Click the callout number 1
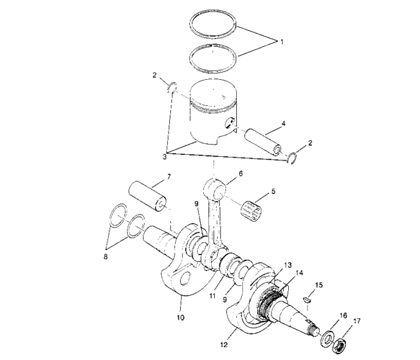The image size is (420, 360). (280, 41)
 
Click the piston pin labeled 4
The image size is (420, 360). (264, 141)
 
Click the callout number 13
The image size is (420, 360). (287, 264)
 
